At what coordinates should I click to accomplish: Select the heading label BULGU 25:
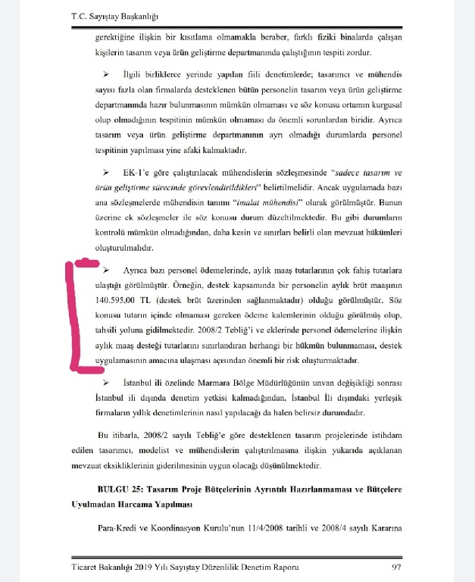(x=123, y=490)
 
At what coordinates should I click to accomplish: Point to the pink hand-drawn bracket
(x=76, y=318)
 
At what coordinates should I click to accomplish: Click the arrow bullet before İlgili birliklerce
(x=106, y=74)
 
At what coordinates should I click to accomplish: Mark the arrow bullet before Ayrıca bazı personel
(x=106, y=271)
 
